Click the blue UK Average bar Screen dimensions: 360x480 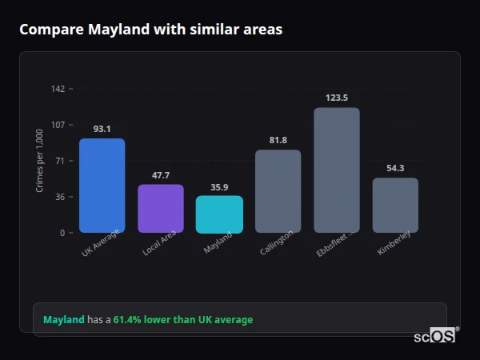(102, 186)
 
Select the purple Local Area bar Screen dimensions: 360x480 (161, 209)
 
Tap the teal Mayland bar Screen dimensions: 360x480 (219, 214)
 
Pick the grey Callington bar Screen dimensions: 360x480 (278, 191)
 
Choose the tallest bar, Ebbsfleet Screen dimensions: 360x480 (337, 170)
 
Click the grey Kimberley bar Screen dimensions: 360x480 (395, 206)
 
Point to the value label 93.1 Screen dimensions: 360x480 (102, 129)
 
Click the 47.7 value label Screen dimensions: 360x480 (161, 175)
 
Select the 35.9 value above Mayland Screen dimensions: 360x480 (219, 187)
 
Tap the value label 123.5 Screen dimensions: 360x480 (337, 98)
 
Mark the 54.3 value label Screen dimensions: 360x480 (395, 168)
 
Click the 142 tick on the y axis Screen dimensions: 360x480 (58, 89)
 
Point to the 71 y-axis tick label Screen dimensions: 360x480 (60, 161)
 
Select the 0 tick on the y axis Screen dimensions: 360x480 (62, 233)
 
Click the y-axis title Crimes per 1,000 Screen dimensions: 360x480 (40, 161)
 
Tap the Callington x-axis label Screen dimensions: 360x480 (277, 243)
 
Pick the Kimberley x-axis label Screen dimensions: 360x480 (394, 243)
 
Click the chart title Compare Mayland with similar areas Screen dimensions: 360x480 (150, 30)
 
